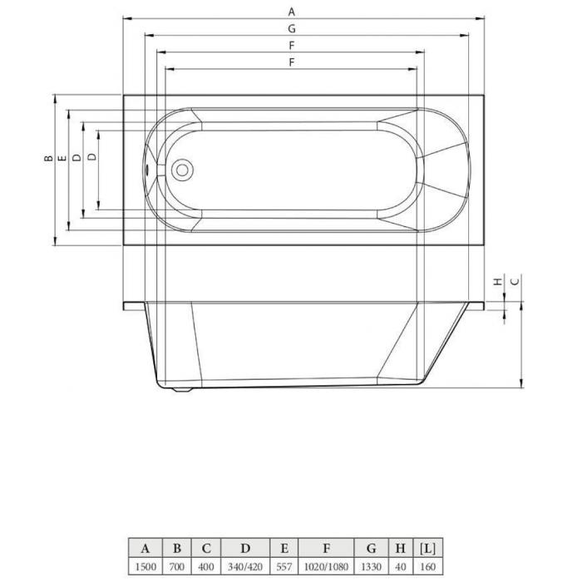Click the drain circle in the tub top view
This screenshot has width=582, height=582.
click(182, 170)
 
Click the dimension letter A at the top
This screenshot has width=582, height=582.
click(292, 12)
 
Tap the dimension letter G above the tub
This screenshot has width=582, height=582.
click(292, 28)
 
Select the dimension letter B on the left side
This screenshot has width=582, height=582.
click(48, 158)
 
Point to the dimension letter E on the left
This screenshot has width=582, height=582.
click(62, 158)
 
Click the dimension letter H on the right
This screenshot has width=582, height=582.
click(498, 282)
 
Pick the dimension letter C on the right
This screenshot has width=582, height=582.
click(515, 282)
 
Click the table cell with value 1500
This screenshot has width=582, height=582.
click(145, 566)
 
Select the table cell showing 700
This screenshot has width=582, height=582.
click(176, 566)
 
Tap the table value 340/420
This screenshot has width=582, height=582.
click(245, 567)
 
